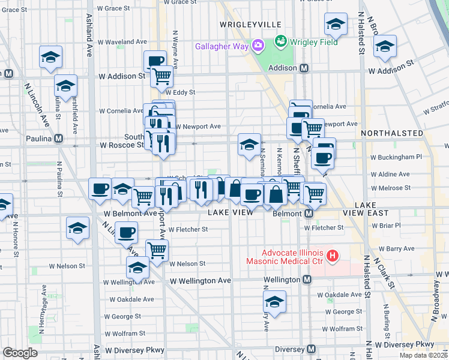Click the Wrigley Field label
coord(314,42)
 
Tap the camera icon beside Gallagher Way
coord(258,46)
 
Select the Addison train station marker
coord(305,68)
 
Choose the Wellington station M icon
coord(307,280)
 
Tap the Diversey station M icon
coord(311,349)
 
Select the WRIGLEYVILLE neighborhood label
coord(250,24)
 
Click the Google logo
coord(20,353)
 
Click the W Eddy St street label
coord(183,93)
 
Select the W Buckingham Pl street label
coord(396,157)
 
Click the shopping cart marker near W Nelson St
coord(157,250)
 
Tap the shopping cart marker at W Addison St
coord(161,76)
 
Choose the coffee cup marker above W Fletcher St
coord(126,232)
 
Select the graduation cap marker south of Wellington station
coord(274,301)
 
